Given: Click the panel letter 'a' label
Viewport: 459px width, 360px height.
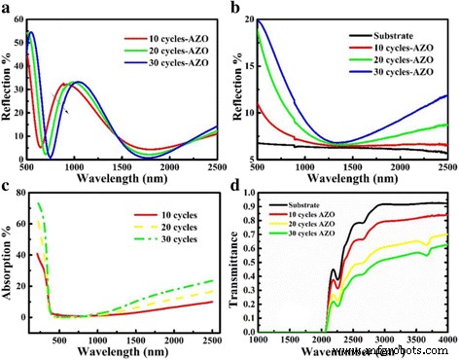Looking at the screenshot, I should coord(7,8).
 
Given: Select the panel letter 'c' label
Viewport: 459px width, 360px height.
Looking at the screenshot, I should coord(7,183).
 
